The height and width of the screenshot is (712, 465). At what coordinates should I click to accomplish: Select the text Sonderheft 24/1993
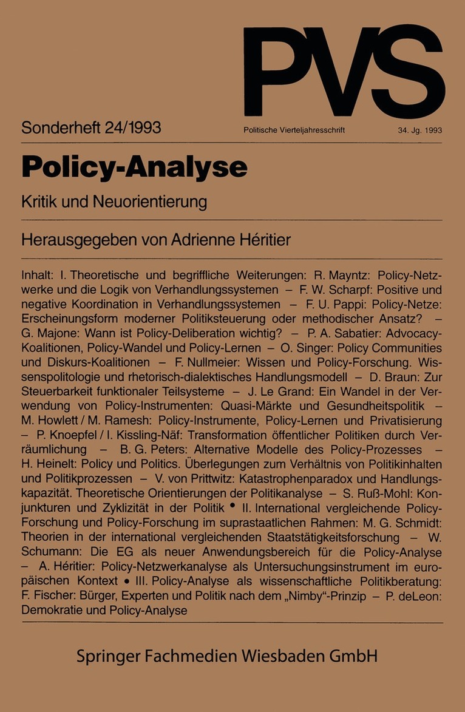[91, 128]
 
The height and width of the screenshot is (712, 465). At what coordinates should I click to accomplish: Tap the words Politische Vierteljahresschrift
[294, 130]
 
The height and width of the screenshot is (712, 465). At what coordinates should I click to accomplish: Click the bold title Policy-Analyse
[134, 167]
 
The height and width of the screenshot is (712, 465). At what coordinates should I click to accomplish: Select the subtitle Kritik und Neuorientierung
[114, 201]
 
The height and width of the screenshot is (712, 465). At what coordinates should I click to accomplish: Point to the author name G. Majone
[52, 333]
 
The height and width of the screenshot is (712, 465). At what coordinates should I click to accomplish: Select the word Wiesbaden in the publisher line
[283, 656]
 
